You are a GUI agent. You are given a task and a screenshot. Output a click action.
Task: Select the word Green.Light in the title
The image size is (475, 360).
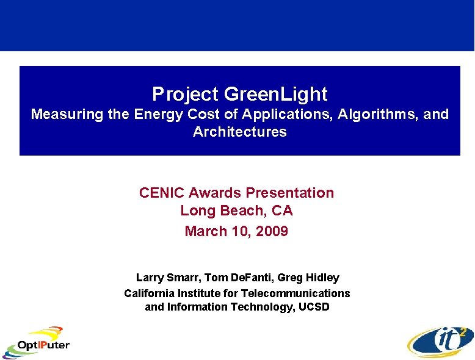(275, 95)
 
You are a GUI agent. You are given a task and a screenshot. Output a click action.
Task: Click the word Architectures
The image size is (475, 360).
(239, 132)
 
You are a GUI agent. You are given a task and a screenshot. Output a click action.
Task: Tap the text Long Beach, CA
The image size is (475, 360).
(236, 211)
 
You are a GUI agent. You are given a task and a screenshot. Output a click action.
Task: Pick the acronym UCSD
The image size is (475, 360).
(314, 307)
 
